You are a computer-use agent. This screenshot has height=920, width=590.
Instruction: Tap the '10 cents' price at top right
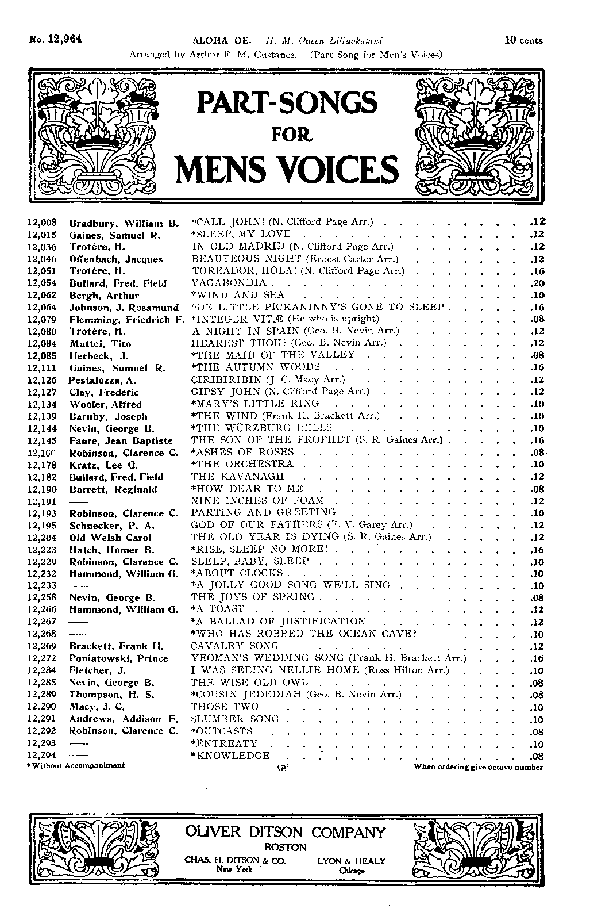[x=523, y=40]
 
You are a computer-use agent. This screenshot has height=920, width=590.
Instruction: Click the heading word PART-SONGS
[x=287, y=102]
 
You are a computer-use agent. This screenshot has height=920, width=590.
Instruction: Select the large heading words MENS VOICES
[x=287, y=169]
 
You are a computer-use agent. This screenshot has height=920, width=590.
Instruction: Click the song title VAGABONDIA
[x=229, y=283]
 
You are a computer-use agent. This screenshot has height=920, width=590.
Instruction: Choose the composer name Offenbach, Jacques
[x=116, y=259]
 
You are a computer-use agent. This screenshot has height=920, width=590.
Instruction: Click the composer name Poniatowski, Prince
[x=118, y=658]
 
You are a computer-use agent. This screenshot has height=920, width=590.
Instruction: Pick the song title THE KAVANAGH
[x=237, y=477]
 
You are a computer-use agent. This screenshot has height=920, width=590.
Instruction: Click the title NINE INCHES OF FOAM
[x=257, y=501]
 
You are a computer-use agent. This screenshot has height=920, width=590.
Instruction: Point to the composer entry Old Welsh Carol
[x=110, y=538]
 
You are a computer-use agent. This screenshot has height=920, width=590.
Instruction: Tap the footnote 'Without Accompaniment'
[x=76, y=766]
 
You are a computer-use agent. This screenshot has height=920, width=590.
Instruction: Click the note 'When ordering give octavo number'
[x=478, y=766]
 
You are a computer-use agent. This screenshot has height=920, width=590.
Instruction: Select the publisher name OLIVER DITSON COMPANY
[x=285, y=833]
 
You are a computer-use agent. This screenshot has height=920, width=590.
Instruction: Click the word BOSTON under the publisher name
[x=286, y=848]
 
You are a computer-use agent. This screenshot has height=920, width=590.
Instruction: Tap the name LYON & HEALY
[x=351, y=861]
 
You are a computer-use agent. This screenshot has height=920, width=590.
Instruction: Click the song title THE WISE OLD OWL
[x=249, y=683]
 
